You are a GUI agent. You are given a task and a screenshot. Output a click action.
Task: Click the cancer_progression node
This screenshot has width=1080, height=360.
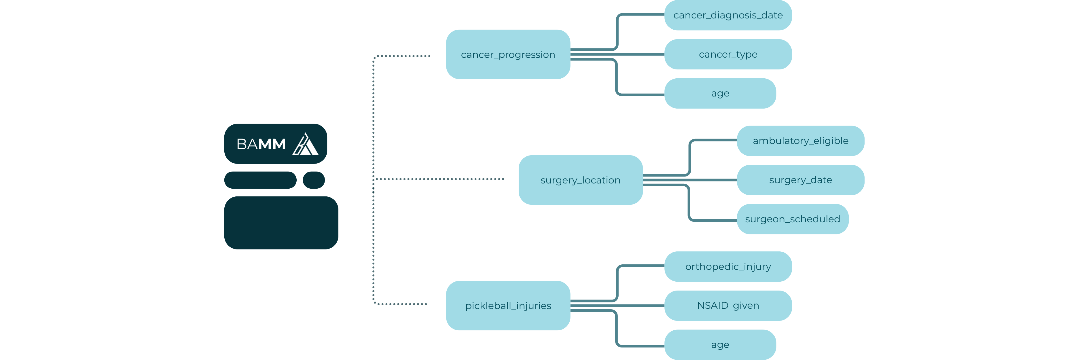coord(508,54)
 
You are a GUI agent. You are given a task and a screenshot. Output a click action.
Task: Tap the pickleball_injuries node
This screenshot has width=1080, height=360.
coord(508,306)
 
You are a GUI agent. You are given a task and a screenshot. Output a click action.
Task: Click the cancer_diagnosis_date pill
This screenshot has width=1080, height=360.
coord(728,15)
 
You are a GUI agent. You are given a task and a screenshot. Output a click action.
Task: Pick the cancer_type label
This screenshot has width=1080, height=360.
coord(728,54)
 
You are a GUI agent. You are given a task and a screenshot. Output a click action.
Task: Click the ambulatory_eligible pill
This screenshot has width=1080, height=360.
coord(800,141)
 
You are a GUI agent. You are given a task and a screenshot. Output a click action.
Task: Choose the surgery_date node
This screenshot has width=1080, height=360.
coord(800,180)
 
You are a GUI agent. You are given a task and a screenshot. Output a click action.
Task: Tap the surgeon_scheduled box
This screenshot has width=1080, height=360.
coord(792,219)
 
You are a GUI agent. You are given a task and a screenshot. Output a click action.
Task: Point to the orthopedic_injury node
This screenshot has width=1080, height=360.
coord(728,266)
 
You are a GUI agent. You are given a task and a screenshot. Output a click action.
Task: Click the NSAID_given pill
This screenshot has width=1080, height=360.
coord(728,306)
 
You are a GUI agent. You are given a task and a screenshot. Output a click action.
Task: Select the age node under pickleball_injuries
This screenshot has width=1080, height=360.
coord(720,344)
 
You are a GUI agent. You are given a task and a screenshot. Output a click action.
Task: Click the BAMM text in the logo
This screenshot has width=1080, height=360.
coord(261,144)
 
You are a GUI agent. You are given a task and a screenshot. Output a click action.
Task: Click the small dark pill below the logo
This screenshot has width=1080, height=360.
coord(314,180)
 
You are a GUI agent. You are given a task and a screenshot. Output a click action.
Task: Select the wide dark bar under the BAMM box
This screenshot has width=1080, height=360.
coord(260,180)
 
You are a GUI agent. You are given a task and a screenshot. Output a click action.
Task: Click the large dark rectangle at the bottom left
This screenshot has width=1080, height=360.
coord(281,223)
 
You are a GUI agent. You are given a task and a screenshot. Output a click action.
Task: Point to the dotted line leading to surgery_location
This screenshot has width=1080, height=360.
coord(440,179)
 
